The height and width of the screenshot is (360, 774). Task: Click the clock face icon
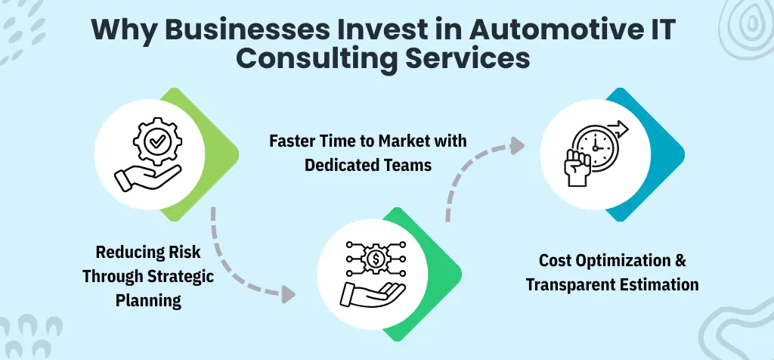coord(593,142)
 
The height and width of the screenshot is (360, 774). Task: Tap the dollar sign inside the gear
coord(375,258)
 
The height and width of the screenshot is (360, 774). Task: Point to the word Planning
coord(149,299)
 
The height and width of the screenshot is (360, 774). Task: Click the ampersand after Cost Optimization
coord(680,261)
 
